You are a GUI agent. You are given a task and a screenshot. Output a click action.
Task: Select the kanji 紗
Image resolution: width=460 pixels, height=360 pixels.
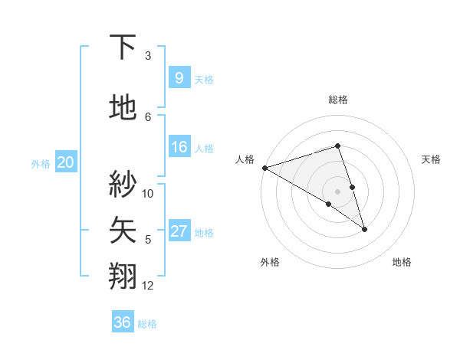point(123,184)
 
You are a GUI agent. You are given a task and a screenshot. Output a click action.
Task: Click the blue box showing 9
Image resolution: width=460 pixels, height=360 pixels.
point(179,77)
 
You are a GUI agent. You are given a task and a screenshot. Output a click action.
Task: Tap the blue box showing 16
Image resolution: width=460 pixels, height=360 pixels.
point(179,147)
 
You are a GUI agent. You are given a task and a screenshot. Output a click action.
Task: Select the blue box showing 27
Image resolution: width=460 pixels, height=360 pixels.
point(179,231)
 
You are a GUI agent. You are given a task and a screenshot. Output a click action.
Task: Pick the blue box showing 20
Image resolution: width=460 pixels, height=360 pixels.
point(65,162)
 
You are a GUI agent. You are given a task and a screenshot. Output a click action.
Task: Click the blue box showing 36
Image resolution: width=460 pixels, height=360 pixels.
point(122,322)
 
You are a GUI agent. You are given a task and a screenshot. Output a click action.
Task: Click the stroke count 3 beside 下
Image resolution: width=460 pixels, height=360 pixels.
point(148,56)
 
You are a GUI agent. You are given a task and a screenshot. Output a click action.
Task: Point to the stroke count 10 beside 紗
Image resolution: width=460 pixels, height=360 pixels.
point(148,194)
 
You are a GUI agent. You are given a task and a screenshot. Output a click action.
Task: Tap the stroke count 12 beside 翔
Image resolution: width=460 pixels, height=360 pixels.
point(148,286)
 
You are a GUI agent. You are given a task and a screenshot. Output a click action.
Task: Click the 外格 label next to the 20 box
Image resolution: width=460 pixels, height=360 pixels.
point(41,163)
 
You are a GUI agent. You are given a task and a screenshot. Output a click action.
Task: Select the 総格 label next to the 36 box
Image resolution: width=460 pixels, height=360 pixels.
point(147,324)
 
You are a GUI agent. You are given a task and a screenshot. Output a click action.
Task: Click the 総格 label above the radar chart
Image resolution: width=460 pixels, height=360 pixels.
point(337,100)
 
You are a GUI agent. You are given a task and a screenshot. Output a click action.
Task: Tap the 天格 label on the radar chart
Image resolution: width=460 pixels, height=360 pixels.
point(432,159)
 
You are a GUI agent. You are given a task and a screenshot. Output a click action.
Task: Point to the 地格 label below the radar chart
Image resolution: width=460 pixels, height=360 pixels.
point(402,263)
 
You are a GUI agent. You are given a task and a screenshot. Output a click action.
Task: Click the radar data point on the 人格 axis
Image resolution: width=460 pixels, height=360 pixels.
point(264,167)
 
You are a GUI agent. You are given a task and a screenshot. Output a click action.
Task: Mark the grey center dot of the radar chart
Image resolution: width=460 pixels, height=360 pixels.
point(337,191)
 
